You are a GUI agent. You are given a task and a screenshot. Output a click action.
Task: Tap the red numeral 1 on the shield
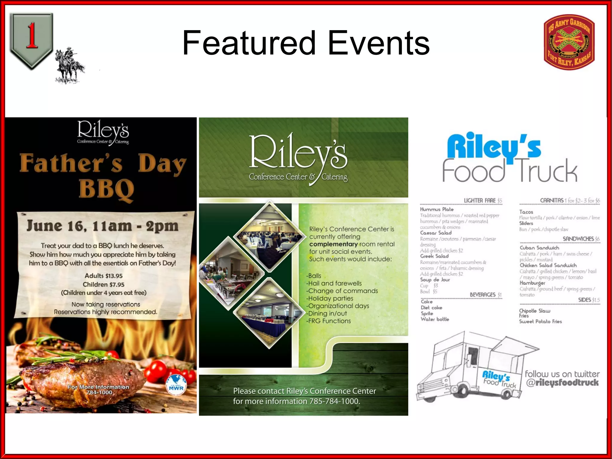coord(31,36)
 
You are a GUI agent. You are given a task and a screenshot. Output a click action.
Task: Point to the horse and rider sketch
coord(69,66)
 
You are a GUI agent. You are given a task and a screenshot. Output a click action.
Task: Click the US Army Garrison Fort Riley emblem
coord(569,42)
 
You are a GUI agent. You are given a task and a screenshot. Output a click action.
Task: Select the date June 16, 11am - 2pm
coord(102,226)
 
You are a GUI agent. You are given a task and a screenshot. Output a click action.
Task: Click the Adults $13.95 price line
coord(103,276)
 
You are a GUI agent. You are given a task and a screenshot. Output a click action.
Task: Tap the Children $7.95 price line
coord(103,284)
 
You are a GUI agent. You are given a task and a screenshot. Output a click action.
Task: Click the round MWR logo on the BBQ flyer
coord(176,385)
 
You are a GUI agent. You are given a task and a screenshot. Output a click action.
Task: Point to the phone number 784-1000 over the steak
coord(99,393)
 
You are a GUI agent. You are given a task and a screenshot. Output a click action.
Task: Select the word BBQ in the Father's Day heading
coord(106,189)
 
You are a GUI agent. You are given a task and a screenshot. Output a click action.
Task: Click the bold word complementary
coord(333,244)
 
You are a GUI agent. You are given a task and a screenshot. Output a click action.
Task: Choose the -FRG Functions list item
coord(328,321)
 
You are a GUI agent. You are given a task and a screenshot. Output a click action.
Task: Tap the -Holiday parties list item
coord(330,298)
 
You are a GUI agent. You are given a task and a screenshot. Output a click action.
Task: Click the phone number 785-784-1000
coord(334,401)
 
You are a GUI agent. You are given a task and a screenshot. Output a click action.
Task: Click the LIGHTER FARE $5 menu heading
coord(483,201)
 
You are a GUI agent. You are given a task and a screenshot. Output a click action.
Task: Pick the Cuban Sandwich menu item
coord(539,248)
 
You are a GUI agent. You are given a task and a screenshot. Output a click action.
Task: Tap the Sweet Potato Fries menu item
coord(540,322)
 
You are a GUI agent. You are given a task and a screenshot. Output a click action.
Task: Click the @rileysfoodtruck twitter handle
coord(562,383)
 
